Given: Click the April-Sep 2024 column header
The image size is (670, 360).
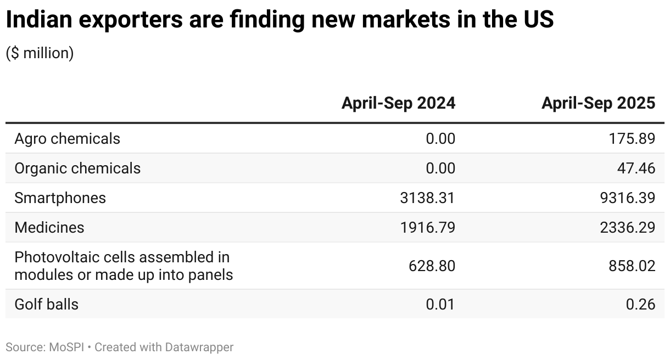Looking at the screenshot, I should [398, 103].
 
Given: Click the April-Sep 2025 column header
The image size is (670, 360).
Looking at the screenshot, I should [598, 103].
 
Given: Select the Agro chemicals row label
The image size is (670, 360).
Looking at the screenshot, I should [67, 139].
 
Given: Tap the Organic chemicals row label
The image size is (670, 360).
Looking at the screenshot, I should [77, 168].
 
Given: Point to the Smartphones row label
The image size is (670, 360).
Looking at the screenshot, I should [60, 198].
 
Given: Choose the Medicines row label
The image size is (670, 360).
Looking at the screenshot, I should [49, 227].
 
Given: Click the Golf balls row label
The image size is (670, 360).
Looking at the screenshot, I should [46, 304].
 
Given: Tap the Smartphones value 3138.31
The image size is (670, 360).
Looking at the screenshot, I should [428, 198].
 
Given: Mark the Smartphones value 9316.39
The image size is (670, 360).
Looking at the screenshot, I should [627, 198].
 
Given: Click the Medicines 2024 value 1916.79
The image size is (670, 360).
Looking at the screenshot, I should [428, 227].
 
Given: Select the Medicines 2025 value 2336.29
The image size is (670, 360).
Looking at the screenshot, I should [627, 227].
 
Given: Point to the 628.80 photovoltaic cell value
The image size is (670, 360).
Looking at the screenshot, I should [432, 266].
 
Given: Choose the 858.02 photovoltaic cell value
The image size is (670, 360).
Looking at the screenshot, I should [632, 266].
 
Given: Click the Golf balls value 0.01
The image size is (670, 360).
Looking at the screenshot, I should [440, 304].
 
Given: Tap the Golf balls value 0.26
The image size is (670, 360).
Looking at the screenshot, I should [640, 304].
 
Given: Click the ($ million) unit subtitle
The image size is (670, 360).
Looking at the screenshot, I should [40, 53].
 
